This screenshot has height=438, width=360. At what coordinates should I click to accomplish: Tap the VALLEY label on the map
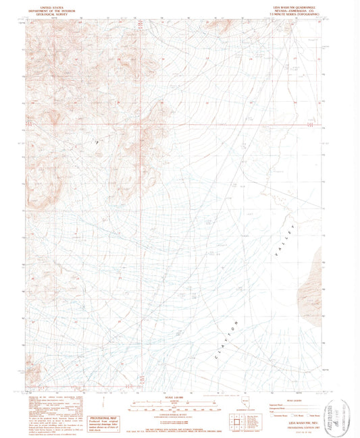coord(283,239)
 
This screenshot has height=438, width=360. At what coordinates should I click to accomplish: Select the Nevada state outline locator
coord(245,402)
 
